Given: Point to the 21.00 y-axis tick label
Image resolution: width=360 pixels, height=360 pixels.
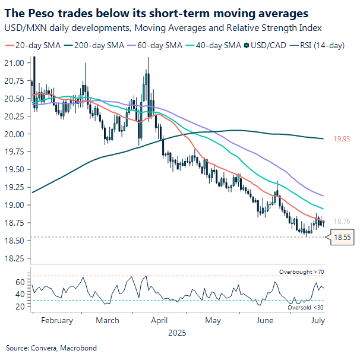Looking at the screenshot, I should click(14, 62).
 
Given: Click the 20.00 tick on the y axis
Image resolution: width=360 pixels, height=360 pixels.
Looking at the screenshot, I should click(14, 134).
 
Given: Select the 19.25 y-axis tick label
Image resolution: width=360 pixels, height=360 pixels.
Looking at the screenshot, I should click(14, 187).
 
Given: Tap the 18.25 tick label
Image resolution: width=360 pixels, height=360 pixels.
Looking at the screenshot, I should click(14, 258).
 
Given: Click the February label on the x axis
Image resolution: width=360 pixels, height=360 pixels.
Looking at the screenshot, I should click(57, 321).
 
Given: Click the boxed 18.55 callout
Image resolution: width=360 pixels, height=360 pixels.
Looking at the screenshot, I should click(341, 237).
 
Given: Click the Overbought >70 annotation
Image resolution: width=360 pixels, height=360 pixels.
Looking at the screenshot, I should click(301, 271).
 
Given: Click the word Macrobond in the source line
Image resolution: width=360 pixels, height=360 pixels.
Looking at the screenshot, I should click(80, 348).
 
